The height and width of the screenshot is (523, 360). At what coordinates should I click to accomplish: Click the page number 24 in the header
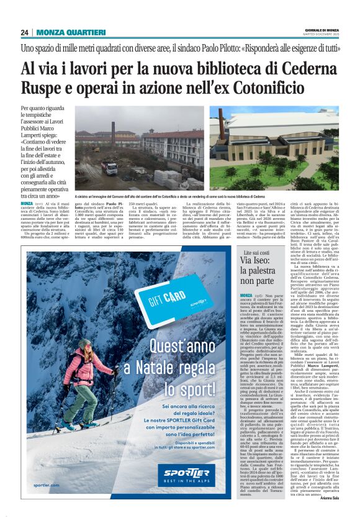[x=24, y=32]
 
